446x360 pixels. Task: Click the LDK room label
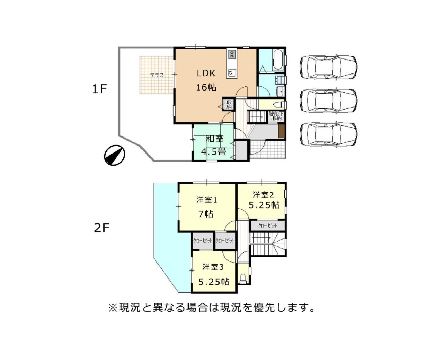(206, 73)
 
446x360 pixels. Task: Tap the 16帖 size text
(206, 87)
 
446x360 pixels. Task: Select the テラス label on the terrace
(157, 75)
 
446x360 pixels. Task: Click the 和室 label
(215, 139)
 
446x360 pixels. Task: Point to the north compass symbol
(115, 155)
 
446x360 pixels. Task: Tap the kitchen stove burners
(232, 55)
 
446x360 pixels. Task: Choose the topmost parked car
(329, 67)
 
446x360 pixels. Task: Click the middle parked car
(329, 101)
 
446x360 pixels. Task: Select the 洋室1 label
(206, 200)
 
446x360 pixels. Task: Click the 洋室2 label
(263, 195)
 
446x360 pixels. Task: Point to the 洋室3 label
(213, 267)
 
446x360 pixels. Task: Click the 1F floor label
(100, 89)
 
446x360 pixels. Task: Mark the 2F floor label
(102, 228)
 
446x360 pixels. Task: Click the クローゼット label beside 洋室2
(267, 226)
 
